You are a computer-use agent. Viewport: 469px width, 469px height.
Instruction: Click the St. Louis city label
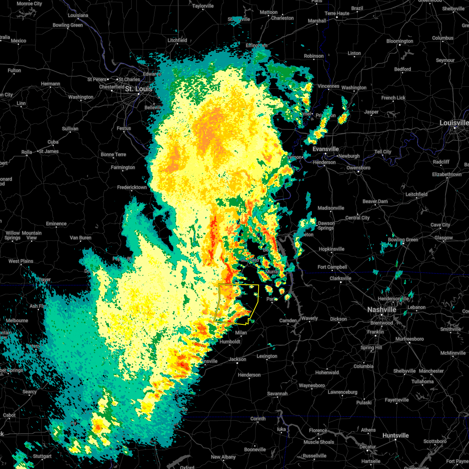pos(138,89)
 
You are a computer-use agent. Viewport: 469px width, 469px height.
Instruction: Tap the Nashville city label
pos(381,310)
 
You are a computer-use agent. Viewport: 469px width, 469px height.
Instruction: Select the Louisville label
pos(454,123)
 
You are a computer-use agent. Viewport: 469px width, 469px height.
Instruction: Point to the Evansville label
pos(326,149)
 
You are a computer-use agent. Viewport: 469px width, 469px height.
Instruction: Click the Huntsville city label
pos(396,436)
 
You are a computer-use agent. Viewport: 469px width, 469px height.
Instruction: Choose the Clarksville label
pos(340,279)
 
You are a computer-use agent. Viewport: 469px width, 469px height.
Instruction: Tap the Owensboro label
pos(358,168)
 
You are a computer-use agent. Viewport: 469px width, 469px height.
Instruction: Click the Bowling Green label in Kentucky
pos(403,240)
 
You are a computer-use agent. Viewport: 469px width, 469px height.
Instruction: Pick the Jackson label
pos(238,359)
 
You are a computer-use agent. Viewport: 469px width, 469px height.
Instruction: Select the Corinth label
pos(258,419)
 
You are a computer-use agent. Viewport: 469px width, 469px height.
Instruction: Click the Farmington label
pos(123,168)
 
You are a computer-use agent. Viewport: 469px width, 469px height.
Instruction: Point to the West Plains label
pos(21,261)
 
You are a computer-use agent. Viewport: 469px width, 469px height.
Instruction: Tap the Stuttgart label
pos(42,456)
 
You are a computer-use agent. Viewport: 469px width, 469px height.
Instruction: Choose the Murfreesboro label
pos(410,339)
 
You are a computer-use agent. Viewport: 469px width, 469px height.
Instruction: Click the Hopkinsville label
pos(331,249)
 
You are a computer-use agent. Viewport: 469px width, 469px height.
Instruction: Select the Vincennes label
pos(328,86)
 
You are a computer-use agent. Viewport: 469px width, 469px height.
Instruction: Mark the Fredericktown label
pos(132,188)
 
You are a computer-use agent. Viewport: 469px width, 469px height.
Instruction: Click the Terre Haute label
pos(337,13)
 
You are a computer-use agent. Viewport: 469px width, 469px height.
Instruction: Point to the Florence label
pos(318,431)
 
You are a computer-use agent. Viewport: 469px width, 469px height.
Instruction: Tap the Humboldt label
pos(230,342)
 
